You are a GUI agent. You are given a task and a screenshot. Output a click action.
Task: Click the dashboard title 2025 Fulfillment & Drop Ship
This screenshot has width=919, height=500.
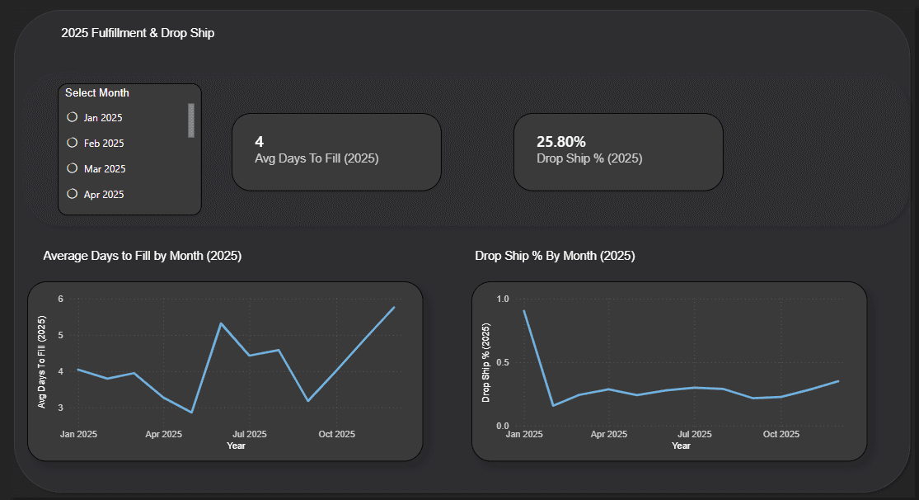pyautogui.click(x=138, y=33)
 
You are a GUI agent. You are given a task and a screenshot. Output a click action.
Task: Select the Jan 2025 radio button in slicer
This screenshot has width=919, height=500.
pyautogui.click(x=73, y=117)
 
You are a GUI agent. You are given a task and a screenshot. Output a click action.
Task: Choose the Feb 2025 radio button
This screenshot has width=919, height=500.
pyautogui.click(x=73, y=143)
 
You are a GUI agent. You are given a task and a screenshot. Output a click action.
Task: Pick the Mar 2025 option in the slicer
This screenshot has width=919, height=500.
pyautogui.click(x=73, y=168)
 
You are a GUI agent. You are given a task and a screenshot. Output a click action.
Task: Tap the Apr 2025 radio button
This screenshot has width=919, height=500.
pyautogui.click(x=73, y=194)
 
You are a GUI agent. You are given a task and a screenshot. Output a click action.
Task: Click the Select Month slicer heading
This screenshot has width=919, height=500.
pyautogui.click(x=97, y=93)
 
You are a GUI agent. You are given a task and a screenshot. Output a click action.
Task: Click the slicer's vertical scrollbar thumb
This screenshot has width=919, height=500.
pyautogui.click(x=191, y=120)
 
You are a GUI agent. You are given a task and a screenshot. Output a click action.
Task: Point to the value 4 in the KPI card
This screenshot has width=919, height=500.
pyautogui.click(x=260, y=142)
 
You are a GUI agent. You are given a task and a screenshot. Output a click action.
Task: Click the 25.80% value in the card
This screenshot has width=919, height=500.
pyautogui.click(x=560, y=142)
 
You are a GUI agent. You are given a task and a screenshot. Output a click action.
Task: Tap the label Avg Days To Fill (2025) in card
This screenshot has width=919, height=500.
pyautogui.click(x=316, y=158)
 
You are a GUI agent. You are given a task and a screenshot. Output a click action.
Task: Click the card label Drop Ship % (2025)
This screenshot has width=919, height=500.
pyautogui.click(x=588, y=158)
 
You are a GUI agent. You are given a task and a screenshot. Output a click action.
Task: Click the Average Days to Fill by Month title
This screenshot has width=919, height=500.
pyautogui.click(x=142, y=256)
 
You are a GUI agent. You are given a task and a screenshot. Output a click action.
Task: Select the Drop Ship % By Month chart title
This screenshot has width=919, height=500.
pyautogui.click(x=555, y=256)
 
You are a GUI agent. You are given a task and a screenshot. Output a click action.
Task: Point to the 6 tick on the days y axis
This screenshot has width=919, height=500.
pyautogui.click(x=60, y=299)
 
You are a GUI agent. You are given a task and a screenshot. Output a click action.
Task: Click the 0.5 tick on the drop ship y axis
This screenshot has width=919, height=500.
pyautogui.click(x=503, y=362)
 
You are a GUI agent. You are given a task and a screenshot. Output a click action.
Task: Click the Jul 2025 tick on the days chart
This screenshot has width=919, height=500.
pyautogui.click(x=250, y=434)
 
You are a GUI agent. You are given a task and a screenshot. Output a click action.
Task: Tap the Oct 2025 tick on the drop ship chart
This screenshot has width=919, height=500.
pyautogui.click(x=781, y=434)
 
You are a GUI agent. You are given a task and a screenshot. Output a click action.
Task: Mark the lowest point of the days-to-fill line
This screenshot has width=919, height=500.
pyautogui.click(x=191, y=413)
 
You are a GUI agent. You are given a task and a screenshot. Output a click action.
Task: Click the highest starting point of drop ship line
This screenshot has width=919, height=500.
pyautogui.click(x=524, y=311)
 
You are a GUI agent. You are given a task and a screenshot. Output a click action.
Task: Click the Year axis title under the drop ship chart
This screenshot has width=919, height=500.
pyautogui.click(x=681, y=446)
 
